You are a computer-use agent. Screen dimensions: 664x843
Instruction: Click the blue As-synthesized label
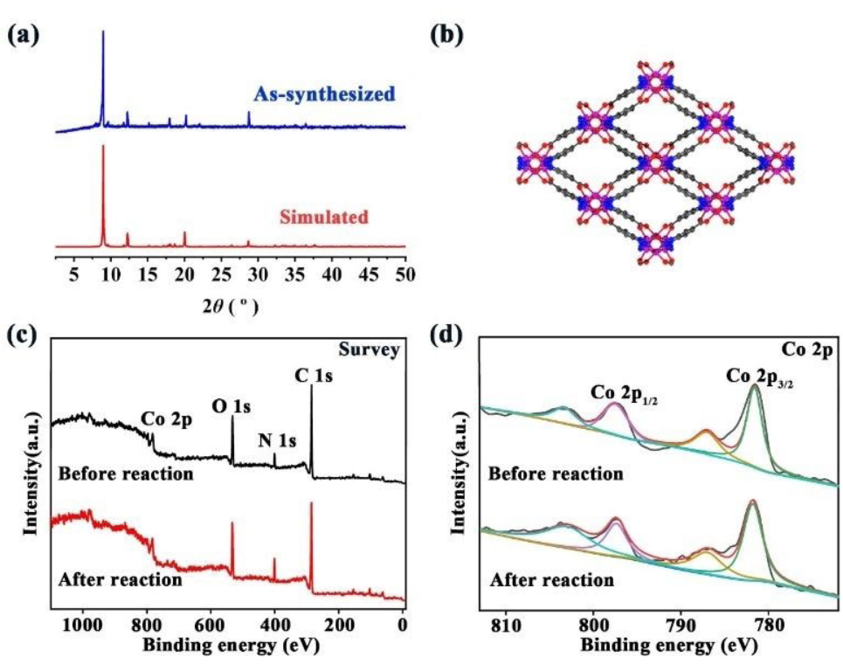tap(324, 93)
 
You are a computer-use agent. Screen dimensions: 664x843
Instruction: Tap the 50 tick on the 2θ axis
tap(404, 276)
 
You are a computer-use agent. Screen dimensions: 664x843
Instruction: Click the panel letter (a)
tap(24, 37)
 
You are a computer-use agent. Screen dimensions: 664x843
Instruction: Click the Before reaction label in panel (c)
tap(125, 474)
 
